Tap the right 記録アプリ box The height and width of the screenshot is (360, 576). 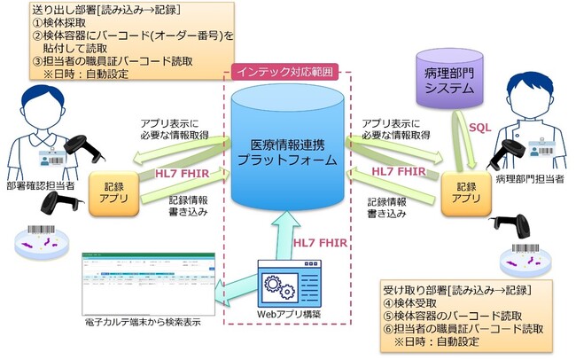tap(465, 193)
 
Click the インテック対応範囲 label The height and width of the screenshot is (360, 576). tap(286, 71)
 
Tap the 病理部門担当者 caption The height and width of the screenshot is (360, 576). tap(525, 181)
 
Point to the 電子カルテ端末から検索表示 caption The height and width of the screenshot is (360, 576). tap(141, 321)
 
